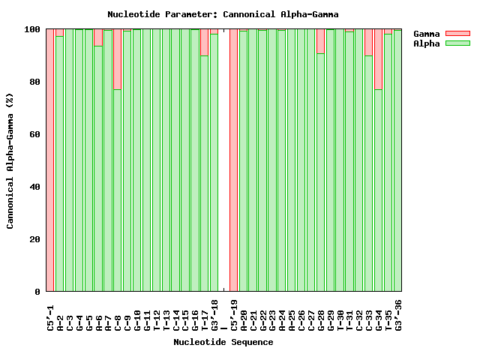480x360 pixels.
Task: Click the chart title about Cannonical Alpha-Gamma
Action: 223,14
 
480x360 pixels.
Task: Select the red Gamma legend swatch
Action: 457,34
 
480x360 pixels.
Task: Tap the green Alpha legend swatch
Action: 457,43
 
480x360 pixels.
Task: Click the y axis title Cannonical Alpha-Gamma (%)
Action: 10,160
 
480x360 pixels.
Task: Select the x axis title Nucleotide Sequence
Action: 223,342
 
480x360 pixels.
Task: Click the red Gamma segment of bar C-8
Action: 117,59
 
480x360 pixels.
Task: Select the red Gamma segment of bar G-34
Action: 378,59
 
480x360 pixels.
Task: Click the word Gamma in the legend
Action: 427,34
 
